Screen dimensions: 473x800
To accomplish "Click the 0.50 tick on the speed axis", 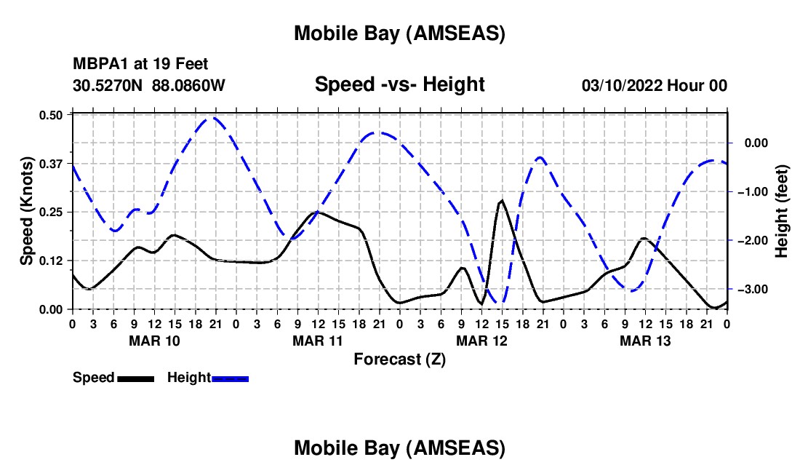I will pos(54,115).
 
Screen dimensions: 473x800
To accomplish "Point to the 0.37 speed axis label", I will pos(54,164).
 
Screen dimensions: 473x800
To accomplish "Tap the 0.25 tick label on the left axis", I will pos(54,212).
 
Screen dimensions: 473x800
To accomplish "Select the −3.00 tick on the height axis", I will pos(750,290).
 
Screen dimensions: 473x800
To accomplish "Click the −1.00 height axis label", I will pos(750,192).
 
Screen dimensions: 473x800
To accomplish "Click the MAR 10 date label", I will pos(153,341).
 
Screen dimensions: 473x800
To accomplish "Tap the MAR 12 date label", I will pos(481,341).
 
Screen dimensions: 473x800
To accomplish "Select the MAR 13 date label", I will pos(644,341).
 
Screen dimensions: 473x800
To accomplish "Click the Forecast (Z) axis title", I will pos(399,359).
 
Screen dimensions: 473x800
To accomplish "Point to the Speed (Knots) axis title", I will pos(27,212).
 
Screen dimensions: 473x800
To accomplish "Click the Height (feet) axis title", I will pos(783,212).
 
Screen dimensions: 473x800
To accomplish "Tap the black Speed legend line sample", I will pos(135,378).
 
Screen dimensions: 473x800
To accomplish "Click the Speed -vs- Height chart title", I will pos(399,85).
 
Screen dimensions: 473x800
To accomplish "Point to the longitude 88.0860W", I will pos(188,86).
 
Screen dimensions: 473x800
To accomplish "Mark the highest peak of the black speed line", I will pos(501,200).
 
